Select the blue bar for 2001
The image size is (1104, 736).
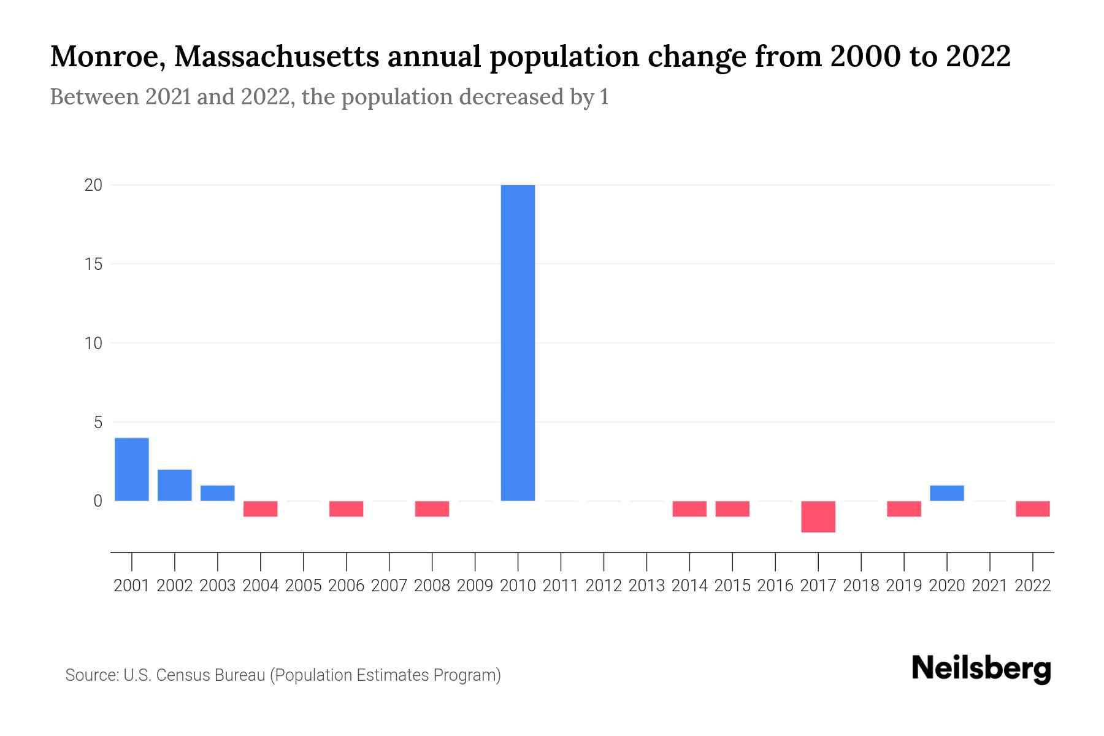(132, 469)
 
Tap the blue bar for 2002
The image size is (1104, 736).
(175, 485)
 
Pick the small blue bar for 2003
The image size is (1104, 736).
(218, 493)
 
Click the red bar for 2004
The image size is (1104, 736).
(261, 509)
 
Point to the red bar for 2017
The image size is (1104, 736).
(818, 516)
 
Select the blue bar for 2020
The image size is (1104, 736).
(947, 493)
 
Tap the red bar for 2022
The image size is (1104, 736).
(1033, 509)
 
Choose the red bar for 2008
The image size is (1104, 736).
(432, 509)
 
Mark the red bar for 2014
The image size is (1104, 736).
(689, 509)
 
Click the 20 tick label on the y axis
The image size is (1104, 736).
(93, 185)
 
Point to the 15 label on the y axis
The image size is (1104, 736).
(93, 264)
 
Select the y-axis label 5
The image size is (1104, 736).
(98, 422)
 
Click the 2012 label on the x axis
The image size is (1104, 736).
(604, 586)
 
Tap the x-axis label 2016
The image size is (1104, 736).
(775, 586)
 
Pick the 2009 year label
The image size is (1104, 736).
(475, 586)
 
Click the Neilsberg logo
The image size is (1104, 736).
(981, 669)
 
